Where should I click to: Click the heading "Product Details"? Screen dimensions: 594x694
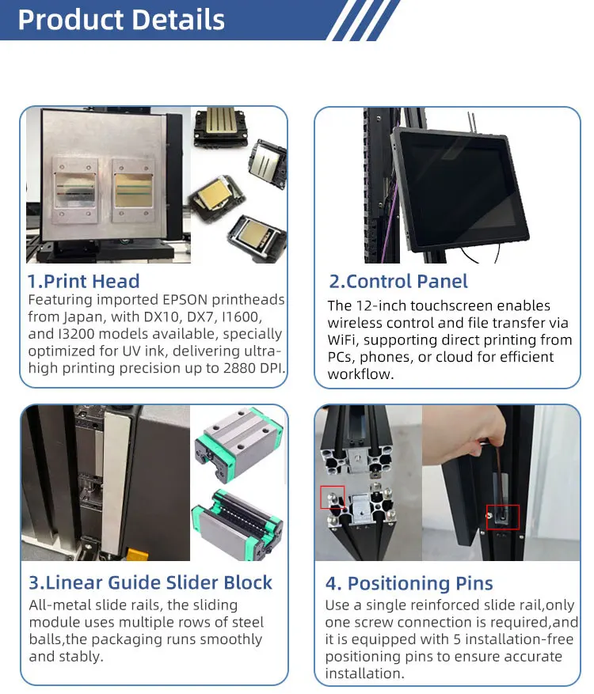tap(121, 20)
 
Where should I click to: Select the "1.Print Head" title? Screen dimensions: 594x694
tap(84, 281)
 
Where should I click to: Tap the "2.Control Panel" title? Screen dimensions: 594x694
tap(398, 282)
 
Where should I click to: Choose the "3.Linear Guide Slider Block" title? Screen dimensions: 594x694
tap(150, 582)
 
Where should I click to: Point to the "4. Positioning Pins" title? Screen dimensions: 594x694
tap(409, 583)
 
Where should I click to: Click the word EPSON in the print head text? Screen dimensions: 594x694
tap(185, 300)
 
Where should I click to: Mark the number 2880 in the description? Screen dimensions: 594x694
tap(242, 368)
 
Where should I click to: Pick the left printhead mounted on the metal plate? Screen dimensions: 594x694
tap(75, 191)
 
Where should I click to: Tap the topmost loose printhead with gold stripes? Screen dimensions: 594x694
tap(219, 127)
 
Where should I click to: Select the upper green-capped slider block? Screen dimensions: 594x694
tap(238, 443)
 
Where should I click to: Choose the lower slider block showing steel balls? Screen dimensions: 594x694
tap(238, 525)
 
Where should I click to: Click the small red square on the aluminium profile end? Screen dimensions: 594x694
tap(332, 498)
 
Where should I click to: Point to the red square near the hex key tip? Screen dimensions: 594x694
tap(503, 517)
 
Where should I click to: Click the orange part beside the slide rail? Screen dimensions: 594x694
tap(135, 554)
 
